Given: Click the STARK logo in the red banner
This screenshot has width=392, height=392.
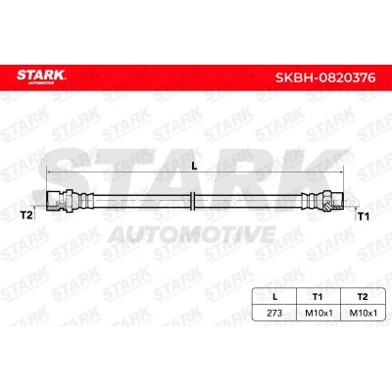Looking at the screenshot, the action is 41,77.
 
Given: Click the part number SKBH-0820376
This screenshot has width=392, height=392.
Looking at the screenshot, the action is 325,78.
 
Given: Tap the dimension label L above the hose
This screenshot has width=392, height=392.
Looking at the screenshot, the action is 194,167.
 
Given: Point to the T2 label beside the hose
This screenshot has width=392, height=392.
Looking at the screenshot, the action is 26,216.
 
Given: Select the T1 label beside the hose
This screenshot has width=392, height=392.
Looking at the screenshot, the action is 364,217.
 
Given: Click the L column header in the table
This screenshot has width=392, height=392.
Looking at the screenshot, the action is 275,297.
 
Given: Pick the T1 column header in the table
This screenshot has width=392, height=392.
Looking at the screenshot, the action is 318,297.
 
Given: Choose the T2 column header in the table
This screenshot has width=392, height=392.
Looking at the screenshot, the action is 363,297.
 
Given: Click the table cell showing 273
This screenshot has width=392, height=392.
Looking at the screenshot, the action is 274,313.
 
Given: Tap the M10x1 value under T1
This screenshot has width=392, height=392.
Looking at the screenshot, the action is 318,313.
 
